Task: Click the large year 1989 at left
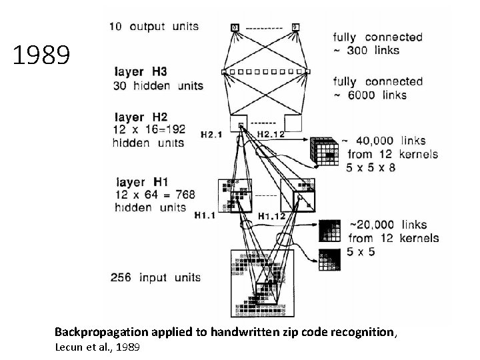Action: (41, 56)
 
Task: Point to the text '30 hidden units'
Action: (159, 85)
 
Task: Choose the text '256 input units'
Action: (156, 277)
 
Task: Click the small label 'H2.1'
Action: (211, 134)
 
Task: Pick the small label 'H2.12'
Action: (271, 134)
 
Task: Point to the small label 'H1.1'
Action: (205, 215)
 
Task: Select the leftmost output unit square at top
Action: (234, 27)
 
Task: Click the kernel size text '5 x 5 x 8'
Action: (371, 167)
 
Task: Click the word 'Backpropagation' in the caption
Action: (98, 331)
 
